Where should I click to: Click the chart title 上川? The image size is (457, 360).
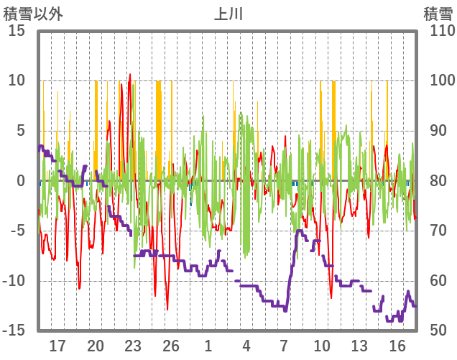click(x=228, y=14)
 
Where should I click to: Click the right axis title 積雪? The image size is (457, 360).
click(x=438, y=14)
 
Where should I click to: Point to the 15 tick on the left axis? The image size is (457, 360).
click(x=17, y=31)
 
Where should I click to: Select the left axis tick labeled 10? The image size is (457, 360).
click(x=17, y=80)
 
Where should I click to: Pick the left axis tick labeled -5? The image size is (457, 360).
click(x=18, y=231)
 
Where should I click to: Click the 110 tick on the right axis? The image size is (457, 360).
click(x=438, y=31)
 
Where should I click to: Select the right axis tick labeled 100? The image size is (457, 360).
click(x=438, y=80)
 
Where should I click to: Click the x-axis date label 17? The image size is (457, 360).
click(x=57, y=346)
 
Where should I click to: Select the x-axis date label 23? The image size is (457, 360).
click(x=133, y=346)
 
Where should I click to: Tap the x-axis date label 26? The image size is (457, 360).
click(x=171, y=346)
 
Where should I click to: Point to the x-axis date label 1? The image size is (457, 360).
click(x=208, y=346)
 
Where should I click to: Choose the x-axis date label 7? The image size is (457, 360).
click(x=284, y=346)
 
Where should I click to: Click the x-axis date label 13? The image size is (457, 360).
click(x=359, y=346)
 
